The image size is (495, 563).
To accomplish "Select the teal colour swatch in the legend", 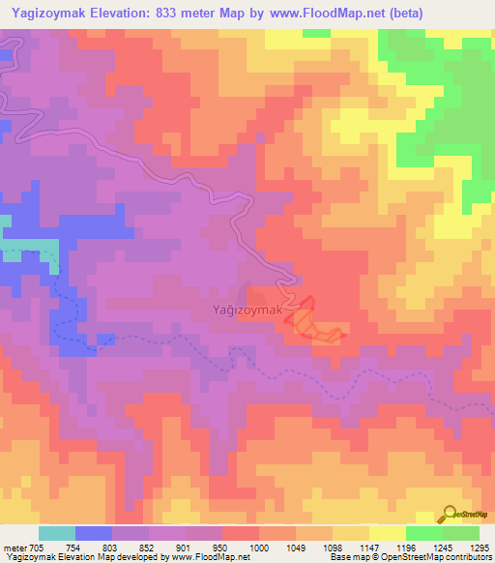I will (x=56, y=533).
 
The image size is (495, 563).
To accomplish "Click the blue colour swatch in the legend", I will (x=93, y=533).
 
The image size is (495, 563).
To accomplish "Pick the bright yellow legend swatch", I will (x=387, y=533).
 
